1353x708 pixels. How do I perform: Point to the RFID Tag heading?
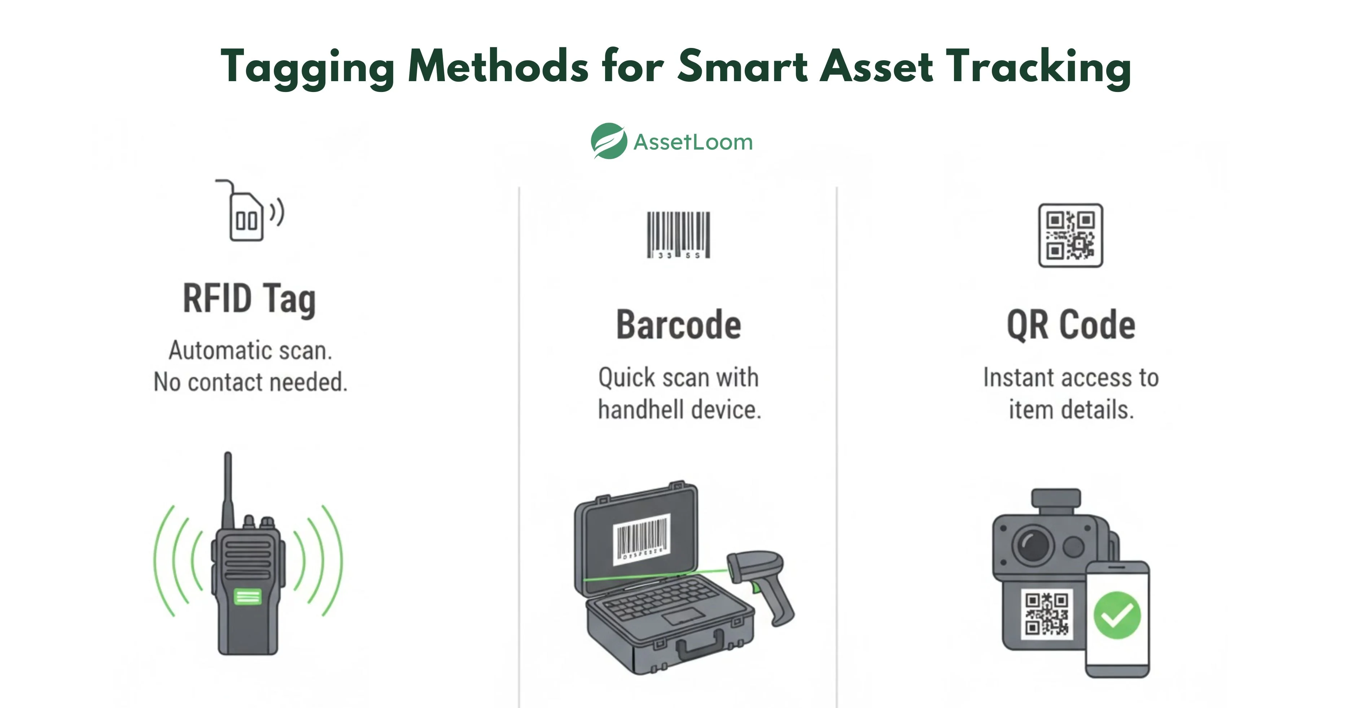point(249,298)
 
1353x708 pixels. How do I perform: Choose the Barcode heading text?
point(678,325)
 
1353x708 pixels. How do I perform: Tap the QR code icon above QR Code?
point(1070,235)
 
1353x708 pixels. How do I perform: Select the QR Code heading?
point(1070,325)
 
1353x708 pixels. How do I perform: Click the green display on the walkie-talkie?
point(248,597)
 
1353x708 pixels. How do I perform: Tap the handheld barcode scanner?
point(764,583)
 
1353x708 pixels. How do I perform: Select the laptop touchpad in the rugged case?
point(683,616)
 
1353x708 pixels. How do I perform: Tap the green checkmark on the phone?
point(1117,616)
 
